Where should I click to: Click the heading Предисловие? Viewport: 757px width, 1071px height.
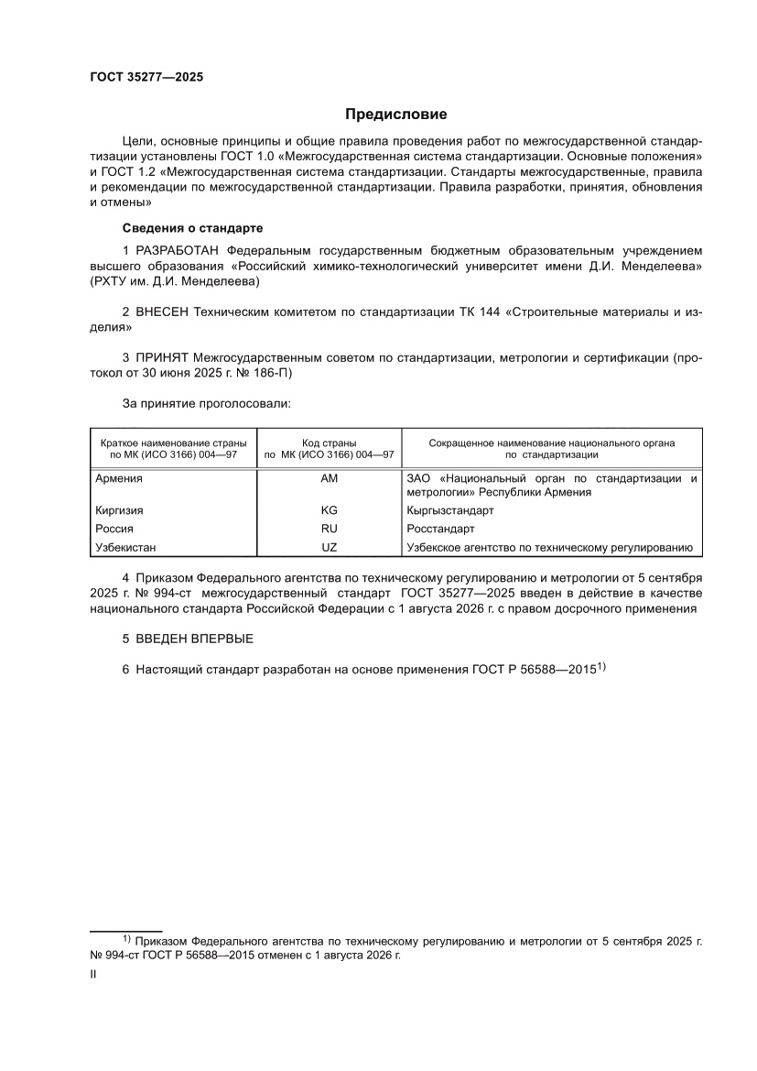tap(395, 115)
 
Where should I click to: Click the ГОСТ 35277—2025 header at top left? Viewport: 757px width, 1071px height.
tap(146, 77)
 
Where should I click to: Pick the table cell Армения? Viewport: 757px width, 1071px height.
tap(119, 478)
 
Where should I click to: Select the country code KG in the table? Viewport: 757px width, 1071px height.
tap(329, 510)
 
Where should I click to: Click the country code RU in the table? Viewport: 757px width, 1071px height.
tap(329, 529)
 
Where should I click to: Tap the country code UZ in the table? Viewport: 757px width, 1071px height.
tap(329, 547)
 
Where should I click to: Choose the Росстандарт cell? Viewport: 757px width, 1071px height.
tap(440, 529)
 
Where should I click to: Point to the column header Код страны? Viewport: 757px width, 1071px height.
tap(329, 443)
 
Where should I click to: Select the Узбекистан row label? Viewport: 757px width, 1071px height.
tap(125, 547)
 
